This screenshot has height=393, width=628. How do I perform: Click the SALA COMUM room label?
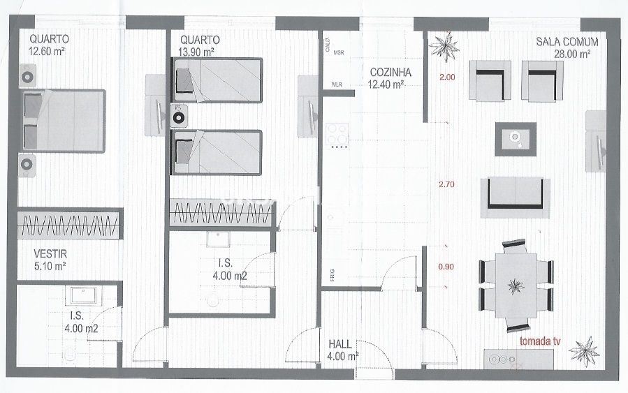(567, 42)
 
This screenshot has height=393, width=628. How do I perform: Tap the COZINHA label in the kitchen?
(390, 73)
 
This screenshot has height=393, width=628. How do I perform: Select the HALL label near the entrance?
(340, 344)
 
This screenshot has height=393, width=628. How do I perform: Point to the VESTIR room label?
(50, 253)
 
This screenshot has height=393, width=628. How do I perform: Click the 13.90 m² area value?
(196, 52)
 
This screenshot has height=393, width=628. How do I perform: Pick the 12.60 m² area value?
(47, 51)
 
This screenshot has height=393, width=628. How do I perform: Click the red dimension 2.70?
(446, 184)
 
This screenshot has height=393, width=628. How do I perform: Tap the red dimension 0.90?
(446, 267)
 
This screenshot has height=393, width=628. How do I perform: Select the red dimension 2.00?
(447, 77)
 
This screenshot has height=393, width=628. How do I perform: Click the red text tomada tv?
(540, 341)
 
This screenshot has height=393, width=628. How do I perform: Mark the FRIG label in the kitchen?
(333, 275)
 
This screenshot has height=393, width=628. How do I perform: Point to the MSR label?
(339, 52)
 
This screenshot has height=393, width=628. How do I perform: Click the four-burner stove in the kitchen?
(337, 135)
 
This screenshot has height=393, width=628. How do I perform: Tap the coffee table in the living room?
(516, 140)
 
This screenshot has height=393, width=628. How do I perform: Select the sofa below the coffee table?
(515, 198)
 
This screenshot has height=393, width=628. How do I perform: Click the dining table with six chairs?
(516, 286)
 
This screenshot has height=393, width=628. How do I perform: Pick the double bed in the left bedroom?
(64, 121)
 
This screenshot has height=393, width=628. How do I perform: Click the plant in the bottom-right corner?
(583, 351)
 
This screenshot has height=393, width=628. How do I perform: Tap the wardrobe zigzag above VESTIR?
(70, 225)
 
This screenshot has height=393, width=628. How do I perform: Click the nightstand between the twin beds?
(178, 116)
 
